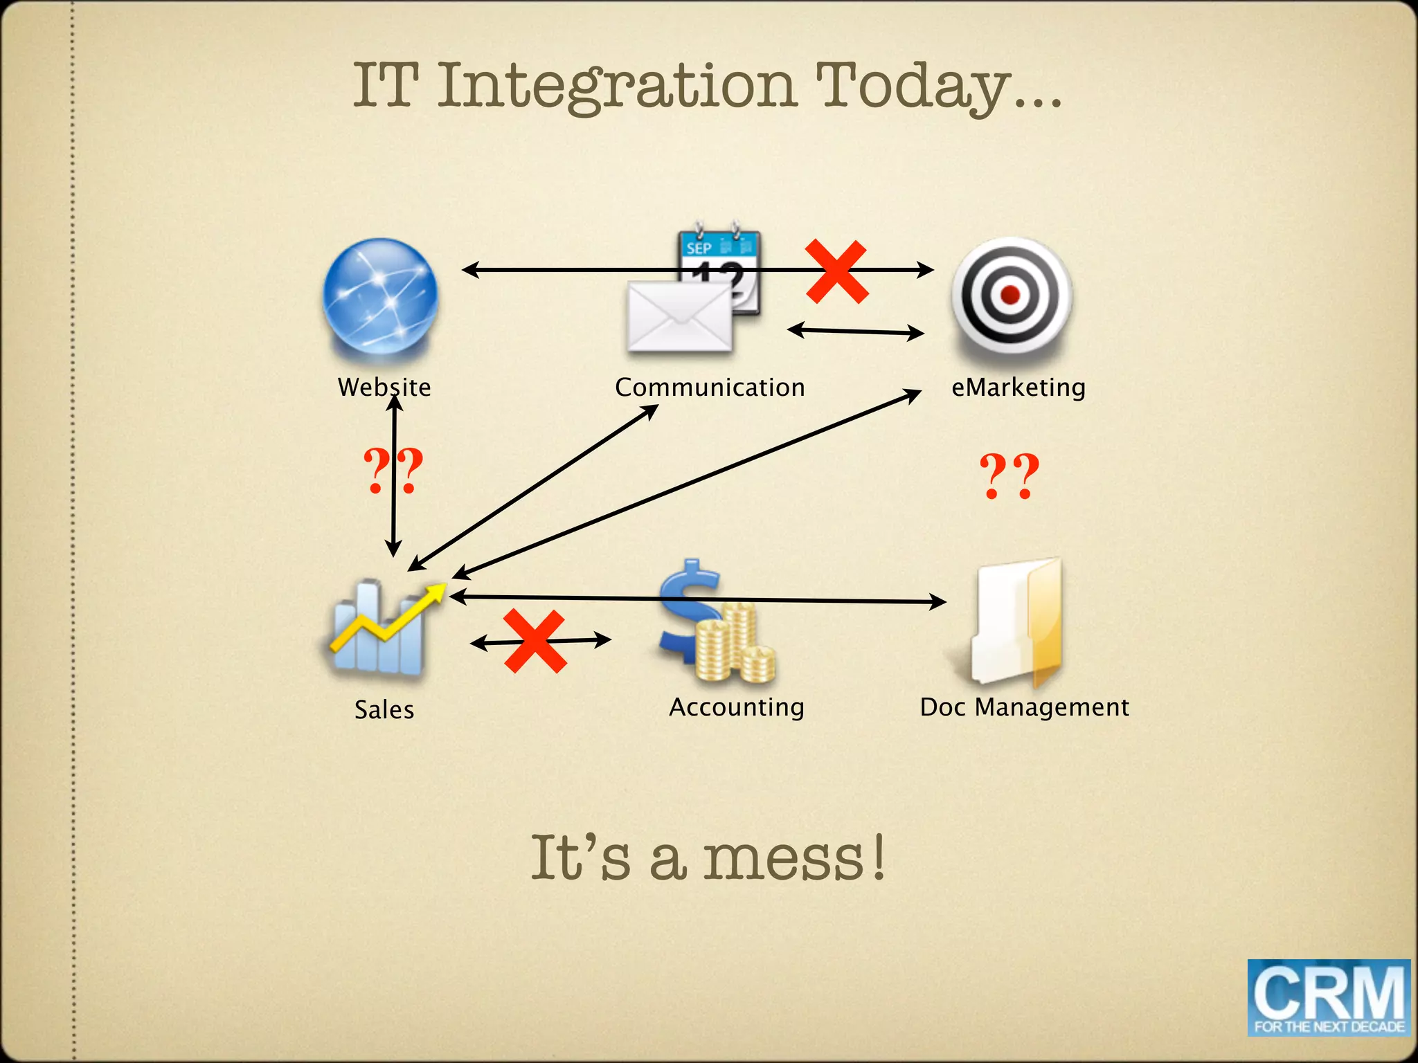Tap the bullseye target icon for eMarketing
1011,293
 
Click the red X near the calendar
836,271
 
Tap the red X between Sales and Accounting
535,641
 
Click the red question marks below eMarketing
1009,475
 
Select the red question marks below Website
393,471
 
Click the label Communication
710,388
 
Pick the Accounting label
737,707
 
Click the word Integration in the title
618,86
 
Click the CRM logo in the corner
1329,997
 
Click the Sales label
384,710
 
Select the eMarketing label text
1018,388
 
